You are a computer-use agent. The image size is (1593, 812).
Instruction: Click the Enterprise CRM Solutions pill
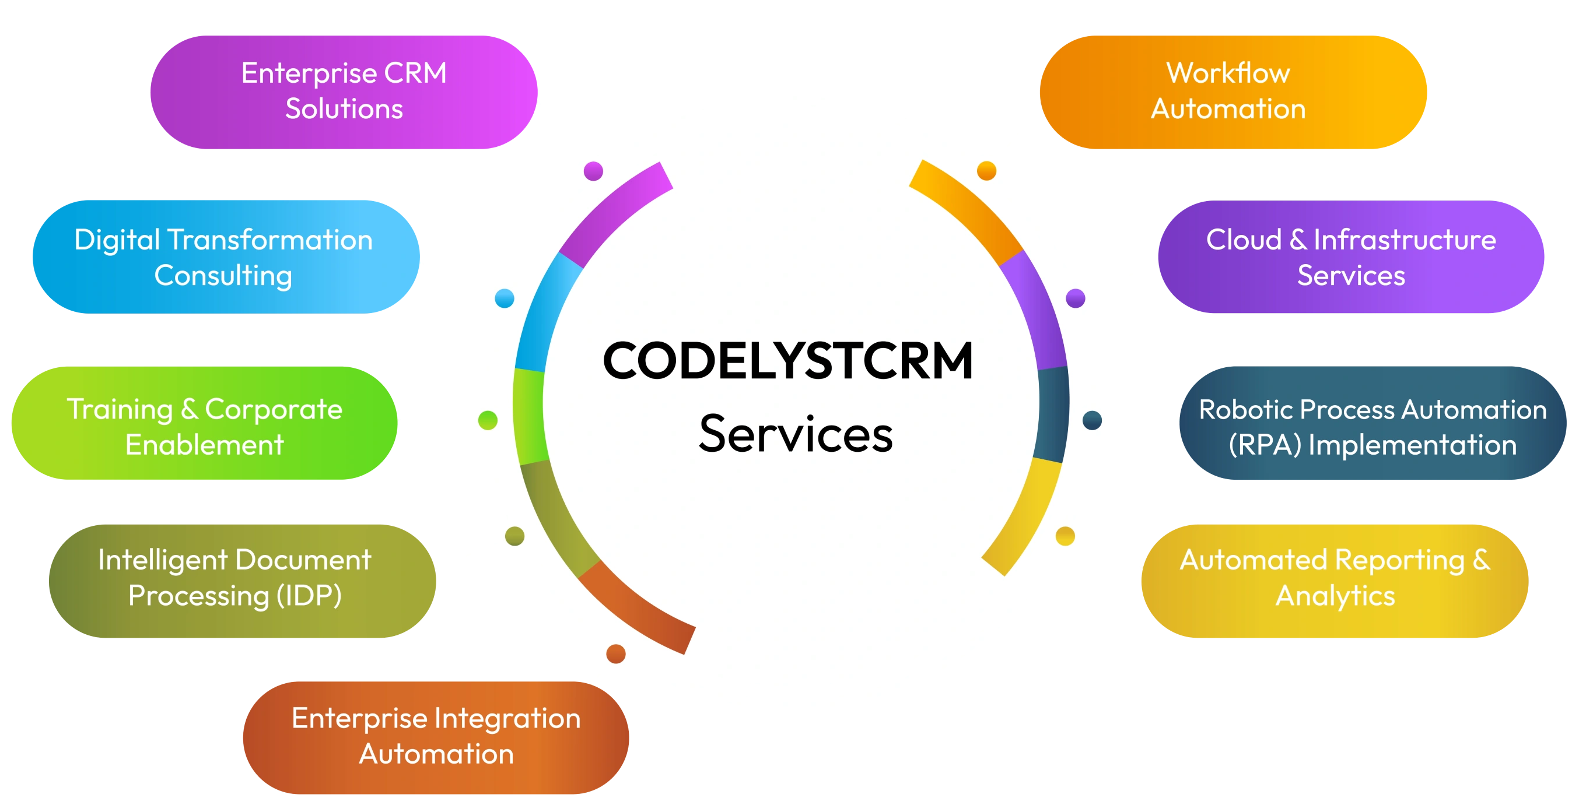344,92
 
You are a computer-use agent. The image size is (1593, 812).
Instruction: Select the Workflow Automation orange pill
1233,92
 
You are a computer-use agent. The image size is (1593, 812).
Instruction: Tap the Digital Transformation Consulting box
226,256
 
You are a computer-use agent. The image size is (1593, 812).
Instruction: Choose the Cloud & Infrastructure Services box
1350,256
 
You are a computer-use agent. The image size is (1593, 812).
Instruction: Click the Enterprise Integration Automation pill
436,737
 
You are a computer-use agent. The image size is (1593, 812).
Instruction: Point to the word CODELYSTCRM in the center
788,361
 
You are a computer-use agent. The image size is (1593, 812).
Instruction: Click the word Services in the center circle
796,434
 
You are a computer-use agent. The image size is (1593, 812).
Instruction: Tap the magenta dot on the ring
594,171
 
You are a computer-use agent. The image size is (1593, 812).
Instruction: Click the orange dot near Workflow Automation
986,171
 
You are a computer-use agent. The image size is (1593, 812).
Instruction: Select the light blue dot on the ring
505,298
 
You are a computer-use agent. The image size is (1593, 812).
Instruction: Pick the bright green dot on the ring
488,420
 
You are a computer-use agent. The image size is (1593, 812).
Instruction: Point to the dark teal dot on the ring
1092,420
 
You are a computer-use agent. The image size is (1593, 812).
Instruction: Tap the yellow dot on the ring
1065,536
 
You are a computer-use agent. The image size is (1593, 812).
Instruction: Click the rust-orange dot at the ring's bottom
615,653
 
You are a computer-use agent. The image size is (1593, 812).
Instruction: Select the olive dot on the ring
514,536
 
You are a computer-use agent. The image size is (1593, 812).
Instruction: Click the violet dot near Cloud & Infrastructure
1076,298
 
